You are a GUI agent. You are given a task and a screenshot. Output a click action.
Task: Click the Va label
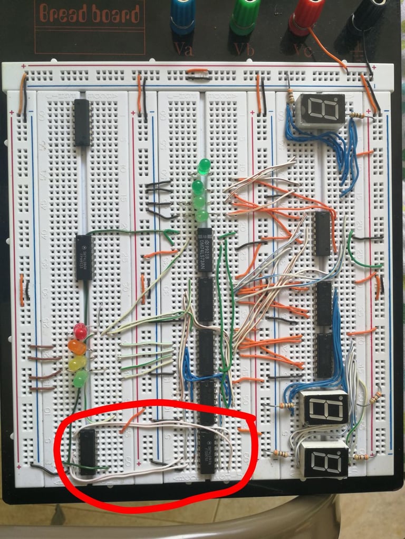pyautogui.click(x=183, y=49)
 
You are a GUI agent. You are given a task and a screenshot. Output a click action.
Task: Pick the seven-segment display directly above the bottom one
pyautogui.click(x=324, y=408)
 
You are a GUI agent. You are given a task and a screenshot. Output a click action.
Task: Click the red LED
pyautogui.click(x=80, y=332)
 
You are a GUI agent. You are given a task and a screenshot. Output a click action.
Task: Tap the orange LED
pyautogui.click(x=78, y=347)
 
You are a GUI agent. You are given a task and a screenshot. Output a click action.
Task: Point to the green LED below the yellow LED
pyautogui.click(x=80, y=378)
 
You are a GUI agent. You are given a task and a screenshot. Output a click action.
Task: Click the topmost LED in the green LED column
pyautogui.click(x=203, y=167)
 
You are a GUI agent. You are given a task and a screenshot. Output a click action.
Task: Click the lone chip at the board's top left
pyautogui.click(x=82, y=122)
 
